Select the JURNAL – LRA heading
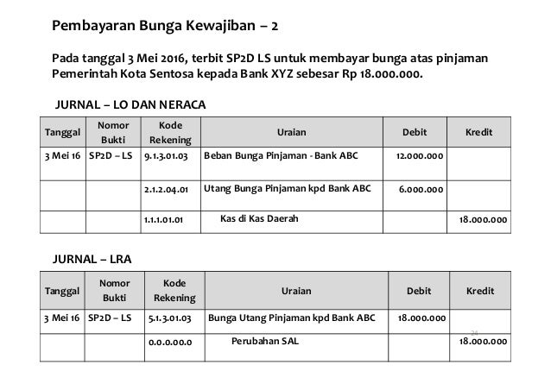(93, 257)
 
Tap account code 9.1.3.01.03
(169, 158)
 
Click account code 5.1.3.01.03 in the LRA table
(170, 319)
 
